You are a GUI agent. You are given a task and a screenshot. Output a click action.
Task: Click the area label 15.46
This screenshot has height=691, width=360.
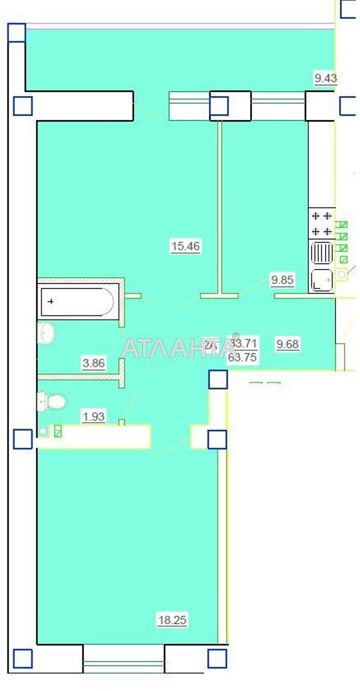click(185, 246)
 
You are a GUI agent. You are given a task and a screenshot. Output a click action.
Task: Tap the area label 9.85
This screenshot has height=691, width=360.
click(282, 280)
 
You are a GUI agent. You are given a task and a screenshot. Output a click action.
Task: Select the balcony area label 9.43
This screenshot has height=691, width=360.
click(325, 78)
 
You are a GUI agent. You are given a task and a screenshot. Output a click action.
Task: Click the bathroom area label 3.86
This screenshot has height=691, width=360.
click(94, 363)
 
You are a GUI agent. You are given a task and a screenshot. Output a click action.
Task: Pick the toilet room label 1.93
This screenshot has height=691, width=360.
click(94, 417)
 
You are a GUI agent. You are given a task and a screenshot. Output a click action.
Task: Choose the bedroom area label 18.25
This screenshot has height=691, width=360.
click(172, 620)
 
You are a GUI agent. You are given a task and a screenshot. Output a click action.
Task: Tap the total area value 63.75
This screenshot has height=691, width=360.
click(243, 358)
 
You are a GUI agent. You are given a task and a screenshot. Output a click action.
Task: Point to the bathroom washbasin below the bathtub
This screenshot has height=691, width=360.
click(47, 333)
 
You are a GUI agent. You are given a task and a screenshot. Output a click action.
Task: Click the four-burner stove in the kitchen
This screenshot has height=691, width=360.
click(322, 223)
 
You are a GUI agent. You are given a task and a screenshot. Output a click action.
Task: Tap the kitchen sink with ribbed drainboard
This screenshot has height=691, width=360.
click(322, 266)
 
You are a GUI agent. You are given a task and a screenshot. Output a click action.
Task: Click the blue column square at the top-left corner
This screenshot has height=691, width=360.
click(17, 32)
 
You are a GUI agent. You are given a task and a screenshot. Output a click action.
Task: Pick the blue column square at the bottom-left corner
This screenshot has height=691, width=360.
click(22, 658)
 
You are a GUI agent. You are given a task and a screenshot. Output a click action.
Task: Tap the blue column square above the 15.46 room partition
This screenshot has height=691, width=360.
click(219, 106)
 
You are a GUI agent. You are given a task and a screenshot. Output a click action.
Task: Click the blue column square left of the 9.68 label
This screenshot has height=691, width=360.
click(218, 379)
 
